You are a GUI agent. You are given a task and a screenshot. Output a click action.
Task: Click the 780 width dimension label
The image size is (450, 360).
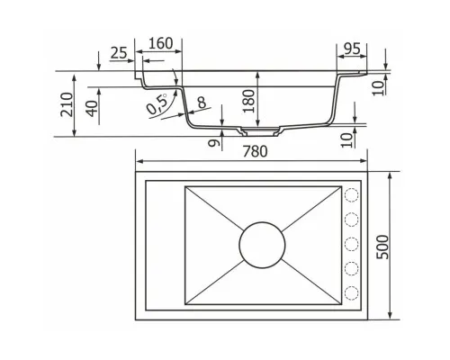(255, 151)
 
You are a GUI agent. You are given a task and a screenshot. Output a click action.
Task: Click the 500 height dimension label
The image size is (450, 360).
(382, 247)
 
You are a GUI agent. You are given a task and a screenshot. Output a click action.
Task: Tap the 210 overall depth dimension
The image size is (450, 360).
(67, 104)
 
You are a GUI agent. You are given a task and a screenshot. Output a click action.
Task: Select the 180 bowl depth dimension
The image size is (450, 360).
(248, 101)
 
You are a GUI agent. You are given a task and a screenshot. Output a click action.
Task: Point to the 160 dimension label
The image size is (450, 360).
(161, 43)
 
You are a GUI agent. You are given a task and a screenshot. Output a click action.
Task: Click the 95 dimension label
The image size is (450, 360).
(352, 49)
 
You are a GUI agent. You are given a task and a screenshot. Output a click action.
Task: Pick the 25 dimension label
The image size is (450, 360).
(119, 53)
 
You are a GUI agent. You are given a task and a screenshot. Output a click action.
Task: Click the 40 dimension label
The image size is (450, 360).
(92, 108)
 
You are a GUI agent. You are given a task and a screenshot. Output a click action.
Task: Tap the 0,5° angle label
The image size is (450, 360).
(157, 103)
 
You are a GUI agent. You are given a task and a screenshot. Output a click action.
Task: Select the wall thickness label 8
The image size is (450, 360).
(202, 102)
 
